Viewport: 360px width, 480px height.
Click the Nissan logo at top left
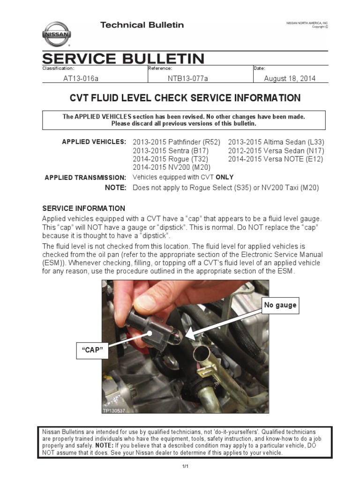click(x=57, y=34)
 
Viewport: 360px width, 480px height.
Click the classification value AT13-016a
click(x=81, y=79)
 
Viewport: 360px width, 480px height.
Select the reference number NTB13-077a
click(x=187, y=79)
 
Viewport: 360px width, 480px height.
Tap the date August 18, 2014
click(x=290, y=79)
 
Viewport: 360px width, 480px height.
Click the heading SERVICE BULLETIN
click(x=123, y=59)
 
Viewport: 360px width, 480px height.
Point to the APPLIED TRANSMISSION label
click(x=85, y=178)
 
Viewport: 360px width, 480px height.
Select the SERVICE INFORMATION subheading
click(x=84, y=208)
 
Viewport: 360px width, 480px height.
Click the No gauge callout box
click(x=280, y=305)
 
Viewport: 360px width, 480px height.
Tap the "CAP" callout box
click(x=92, y=350)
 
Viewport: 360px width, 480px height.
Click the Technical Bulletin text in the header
click(x=142, y=25)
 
